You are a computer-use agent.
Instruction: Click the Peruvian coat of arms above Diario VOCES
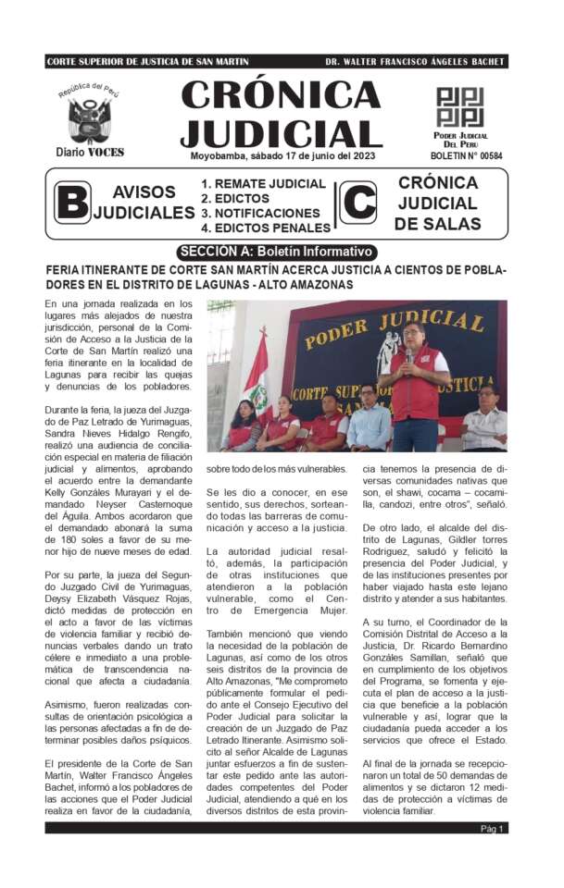pyautogui.click(x=89, y=118)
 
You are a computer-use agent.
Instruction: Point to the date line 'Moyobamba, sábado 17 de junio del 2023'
pyautogui.click(x=280, y=155)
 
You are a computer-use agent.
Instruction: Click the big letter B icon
pyautogui.click(x=72, y=203)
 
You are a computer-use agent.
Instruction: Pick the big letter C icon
pyautogui.click(x=357, y=203)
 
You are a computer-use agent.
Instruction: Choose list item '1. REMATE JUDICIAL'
pyautogui.click(x=264, y=184)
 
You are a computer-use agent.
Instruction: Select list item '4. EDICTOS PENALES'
pyautogui.click(x=266, y=228)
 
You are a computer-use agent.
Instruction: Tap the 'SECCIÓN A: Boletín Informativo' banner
pyautogui.click(x=277, y=252)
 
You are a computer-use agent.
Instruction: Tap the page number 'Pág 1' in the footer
pyautogui.click(x=493, y=828)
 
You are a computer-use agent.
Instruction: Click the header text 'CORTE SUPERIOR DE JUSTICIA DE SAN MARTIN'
pyautogui.click(x=147, y=62)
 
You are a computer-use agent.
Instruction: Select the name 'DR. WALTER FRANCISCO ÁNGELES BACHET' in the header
pyautogui.click(x=415, y=62)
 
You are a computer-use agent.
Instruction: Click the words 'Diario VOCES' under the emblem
pyautogui.click(x=90, y=152)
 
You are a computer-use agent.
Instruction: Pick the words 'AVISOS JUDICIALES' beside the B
pyautogui.click(x=144, y=203)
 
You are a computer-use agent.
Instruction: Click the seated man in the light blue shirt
pyautogui.click(x=369, y=421)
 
